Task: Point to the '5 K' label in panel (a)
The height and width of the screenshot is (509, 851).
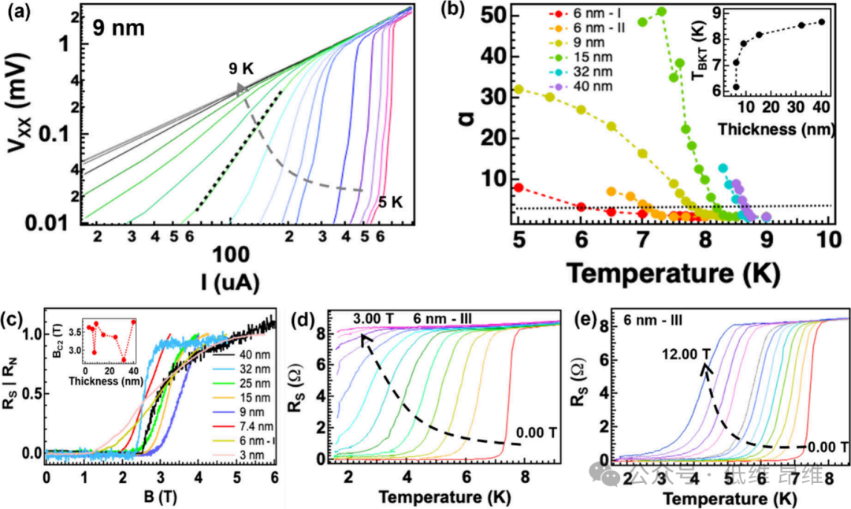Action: [391, 202]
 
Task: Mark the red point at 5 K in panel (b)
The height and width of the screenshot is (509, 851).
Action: [518, 188]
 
